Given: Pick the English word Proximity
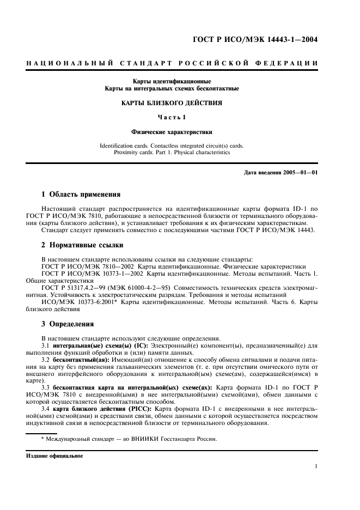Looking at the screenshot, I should [x=126, y=153].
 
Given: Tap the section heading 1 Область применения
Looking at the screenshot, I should [x=81, y=194].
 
